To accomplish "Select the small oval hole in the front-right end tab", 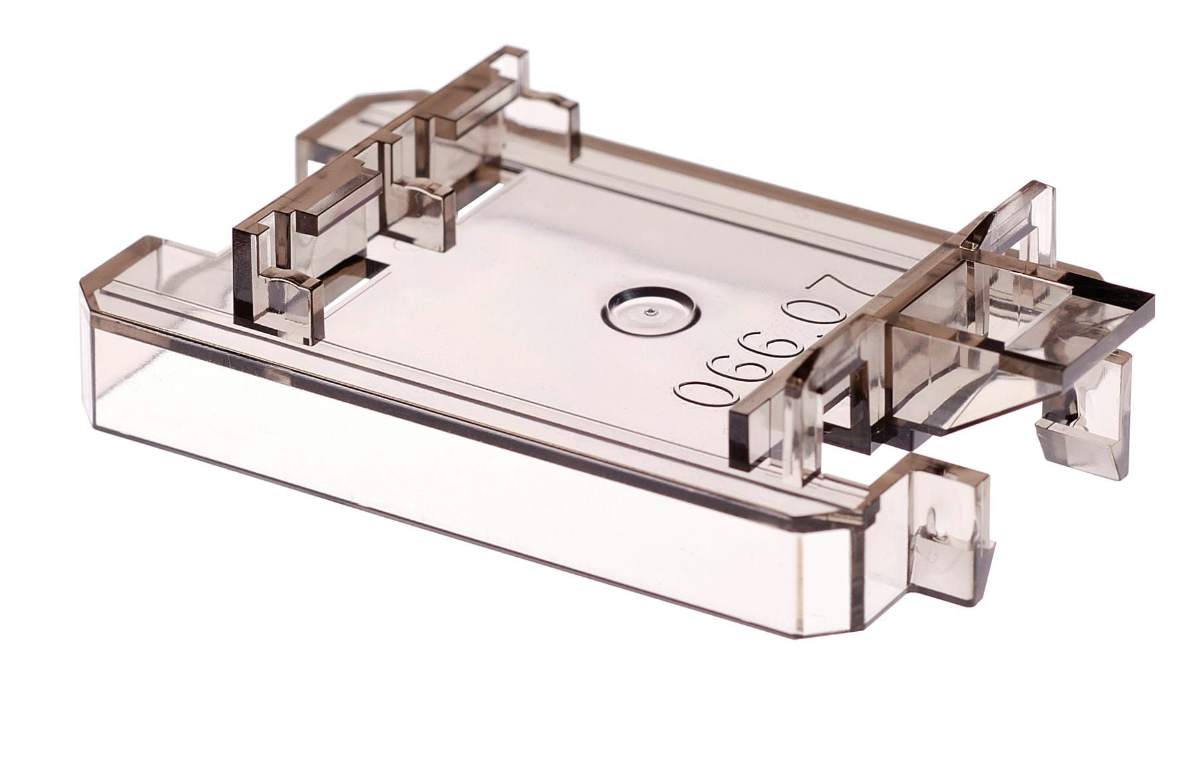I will [x=932, y=524].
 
